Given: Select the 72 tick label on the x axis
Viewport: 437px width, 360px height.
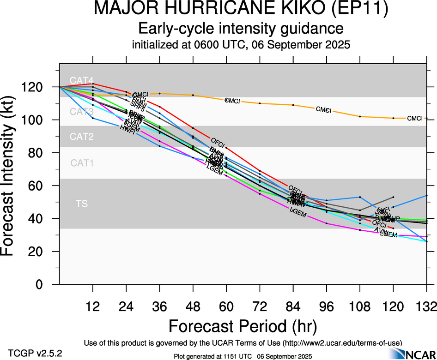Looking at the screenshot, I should (x=260, y=306).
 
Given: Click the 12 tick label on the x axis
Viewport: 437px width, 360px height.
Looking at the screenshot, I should (x=93, y=306).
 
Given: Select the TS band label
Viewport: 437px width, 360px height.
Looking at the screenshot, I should (x=82, y=203).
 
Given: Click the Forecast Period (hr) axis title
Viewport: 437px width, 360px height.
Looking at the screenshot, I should (x=243, y=326).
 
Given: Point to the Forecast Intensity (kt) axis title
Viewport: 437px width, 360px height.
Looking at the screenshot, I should (x=12, y=175).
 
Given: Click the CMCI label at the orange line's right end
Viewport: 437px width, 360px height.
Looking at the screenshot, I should (x=414, y=119).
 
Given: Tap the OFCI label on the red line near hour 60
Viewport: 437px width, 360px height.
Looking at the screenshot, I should (x=217, y=141).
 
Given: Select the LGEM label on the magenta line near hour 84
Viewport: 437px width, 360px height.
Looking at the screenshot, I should (x=298, y=210).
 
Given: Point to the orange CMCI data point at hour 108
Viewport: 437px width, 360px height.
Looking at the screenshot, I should (x=360, y=116).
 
